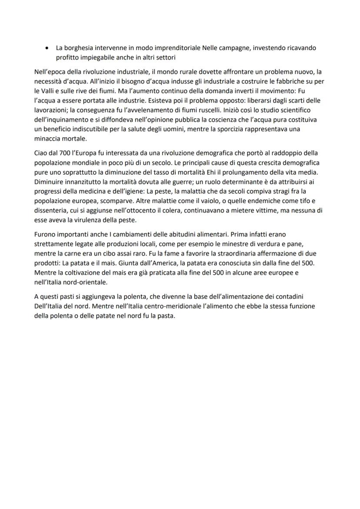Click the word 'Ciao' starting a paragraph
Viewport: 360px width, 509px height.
pos(41,153)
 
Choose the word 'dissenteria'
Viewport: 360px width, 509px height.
pos(50,210)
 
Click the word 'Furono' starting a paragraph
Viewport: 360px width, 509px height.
pos(45,235)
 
